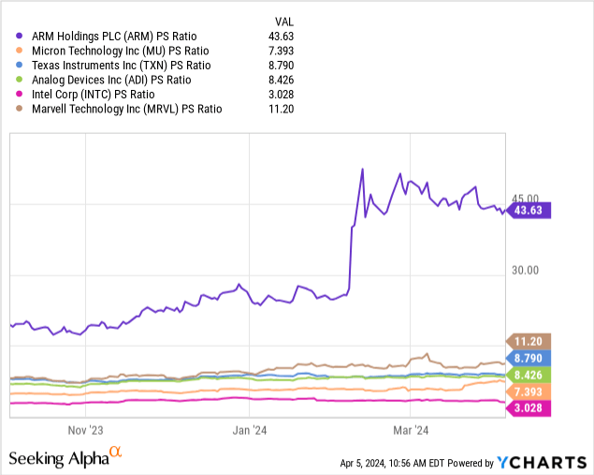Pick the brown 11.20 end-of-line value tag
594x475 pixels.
pyautogui.click(x=530, y=341)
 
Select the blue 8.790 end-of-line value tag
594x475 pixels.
pyautogui.click(x=530, y=358)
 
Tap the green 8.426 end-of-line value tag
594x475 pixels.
pyautogui.click(x=530, y=375)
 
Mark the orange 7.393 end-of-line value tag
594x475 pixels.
pyautogui.click(x=530, y=391)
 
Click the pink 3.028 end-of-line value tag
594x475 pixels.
pyautogui.click(x=530, y=408)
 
